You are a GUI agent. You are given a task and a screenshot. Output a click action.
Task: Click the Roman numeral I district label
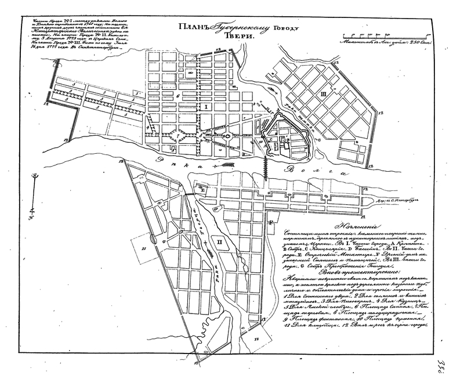coord(205,107)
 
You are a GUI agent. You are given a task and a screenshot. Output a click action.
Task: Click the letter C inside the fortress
coord(271,139)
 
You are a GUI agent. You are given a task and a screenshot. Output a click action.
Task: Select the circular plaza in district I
coord(228,136)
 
